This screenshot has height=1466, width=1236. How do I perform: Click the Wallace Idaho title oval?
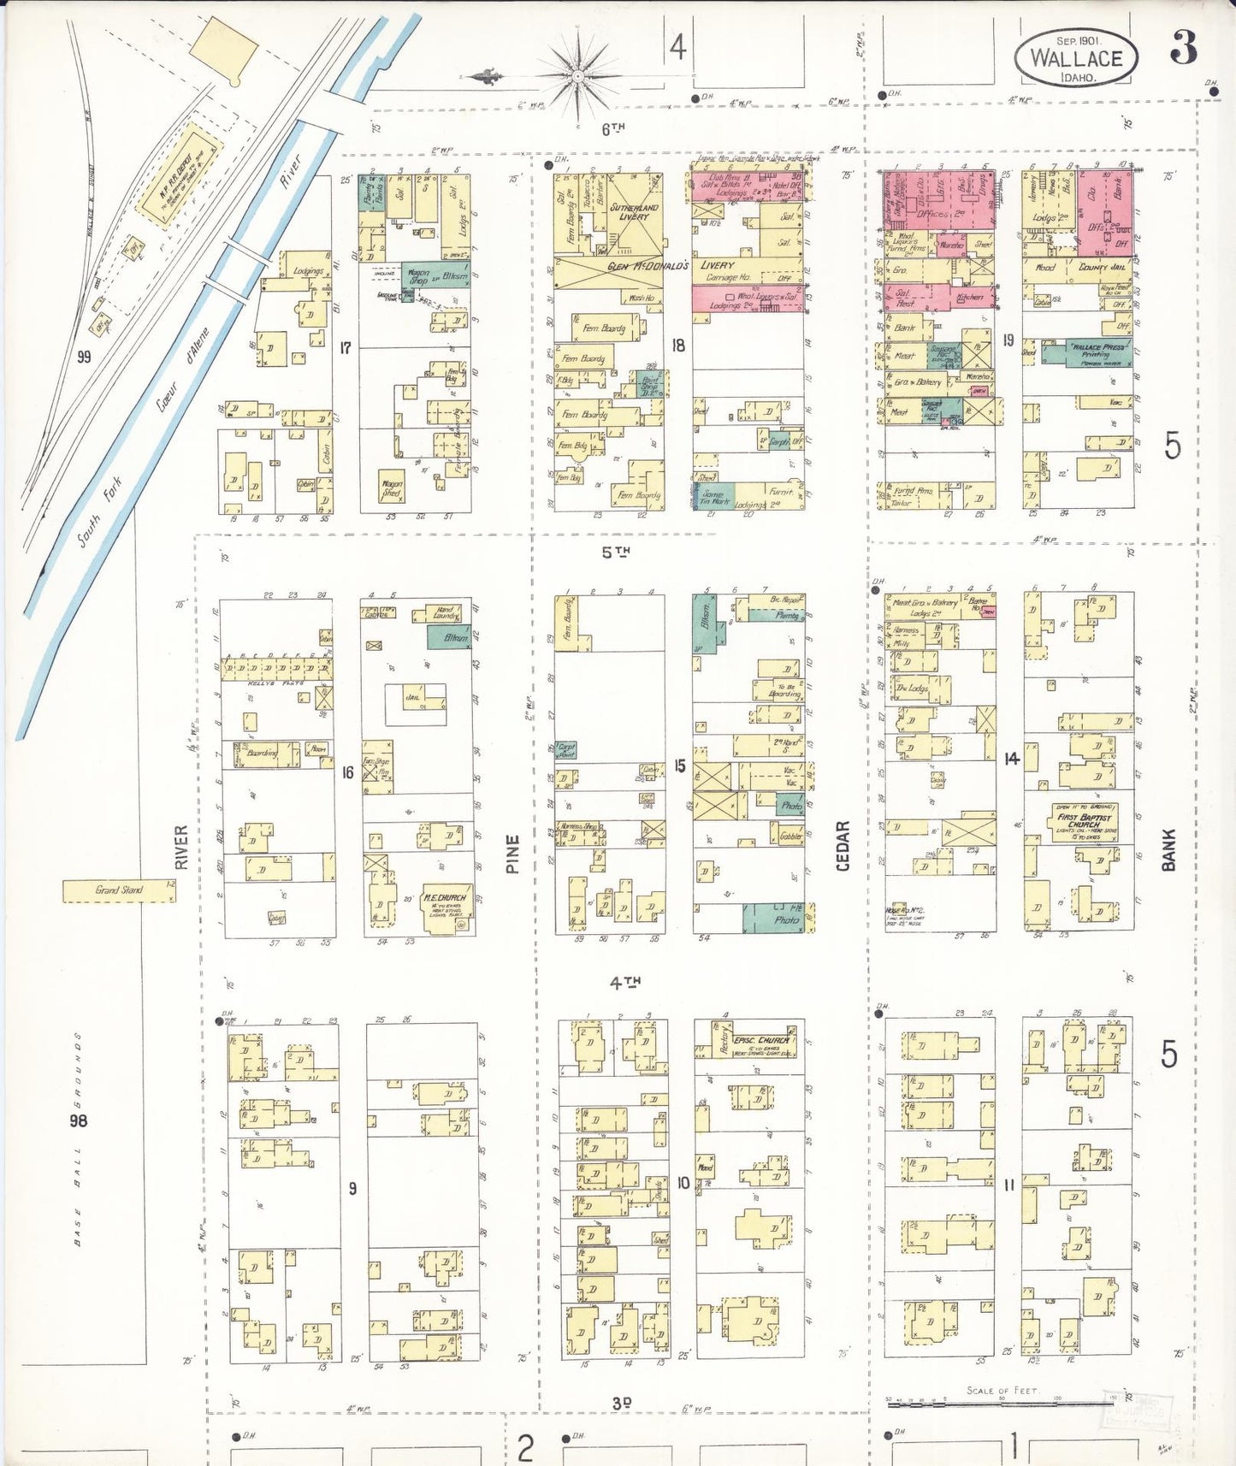click(x=1076, y=57)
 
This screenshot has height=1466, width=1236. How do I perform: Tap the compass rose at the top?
click(x=578, y=75)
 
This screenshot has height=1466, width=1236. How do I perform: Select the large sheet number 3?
click(x=1184, y=48)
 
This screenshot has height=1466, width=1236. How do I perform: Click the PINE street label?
click(x=512, y=854)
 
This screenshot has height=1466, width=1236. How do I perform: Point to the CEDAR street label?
click(x=843, y=846)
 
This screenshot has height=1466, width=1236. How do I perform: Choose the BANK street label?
click(x=1168, y=849)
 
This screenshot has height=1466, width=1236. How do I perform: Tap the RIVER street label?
click(x=180, y=847)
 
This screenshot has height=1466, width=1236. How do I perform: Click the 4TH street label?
click(x=624, y=983)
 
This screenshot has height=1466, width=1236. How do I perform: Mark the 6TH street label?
click(x=612, y=128)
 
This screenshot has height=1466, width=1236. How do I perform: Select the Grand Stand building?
click(x=119, y=890)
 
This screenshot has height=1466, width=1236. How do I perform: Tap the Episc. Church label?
click(x=760, y=1041)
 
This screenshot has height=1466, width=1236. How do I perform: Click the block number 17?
click(x=346, y=348)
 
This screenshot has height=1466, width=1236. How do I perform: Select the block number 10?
click(x=683, y=1183)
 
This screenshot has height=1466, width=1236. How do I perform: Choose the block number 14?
click(x=1012, y=758)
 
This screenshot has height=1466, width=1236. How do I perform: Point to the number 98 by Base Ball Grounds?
click(x=78, y=1120)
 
